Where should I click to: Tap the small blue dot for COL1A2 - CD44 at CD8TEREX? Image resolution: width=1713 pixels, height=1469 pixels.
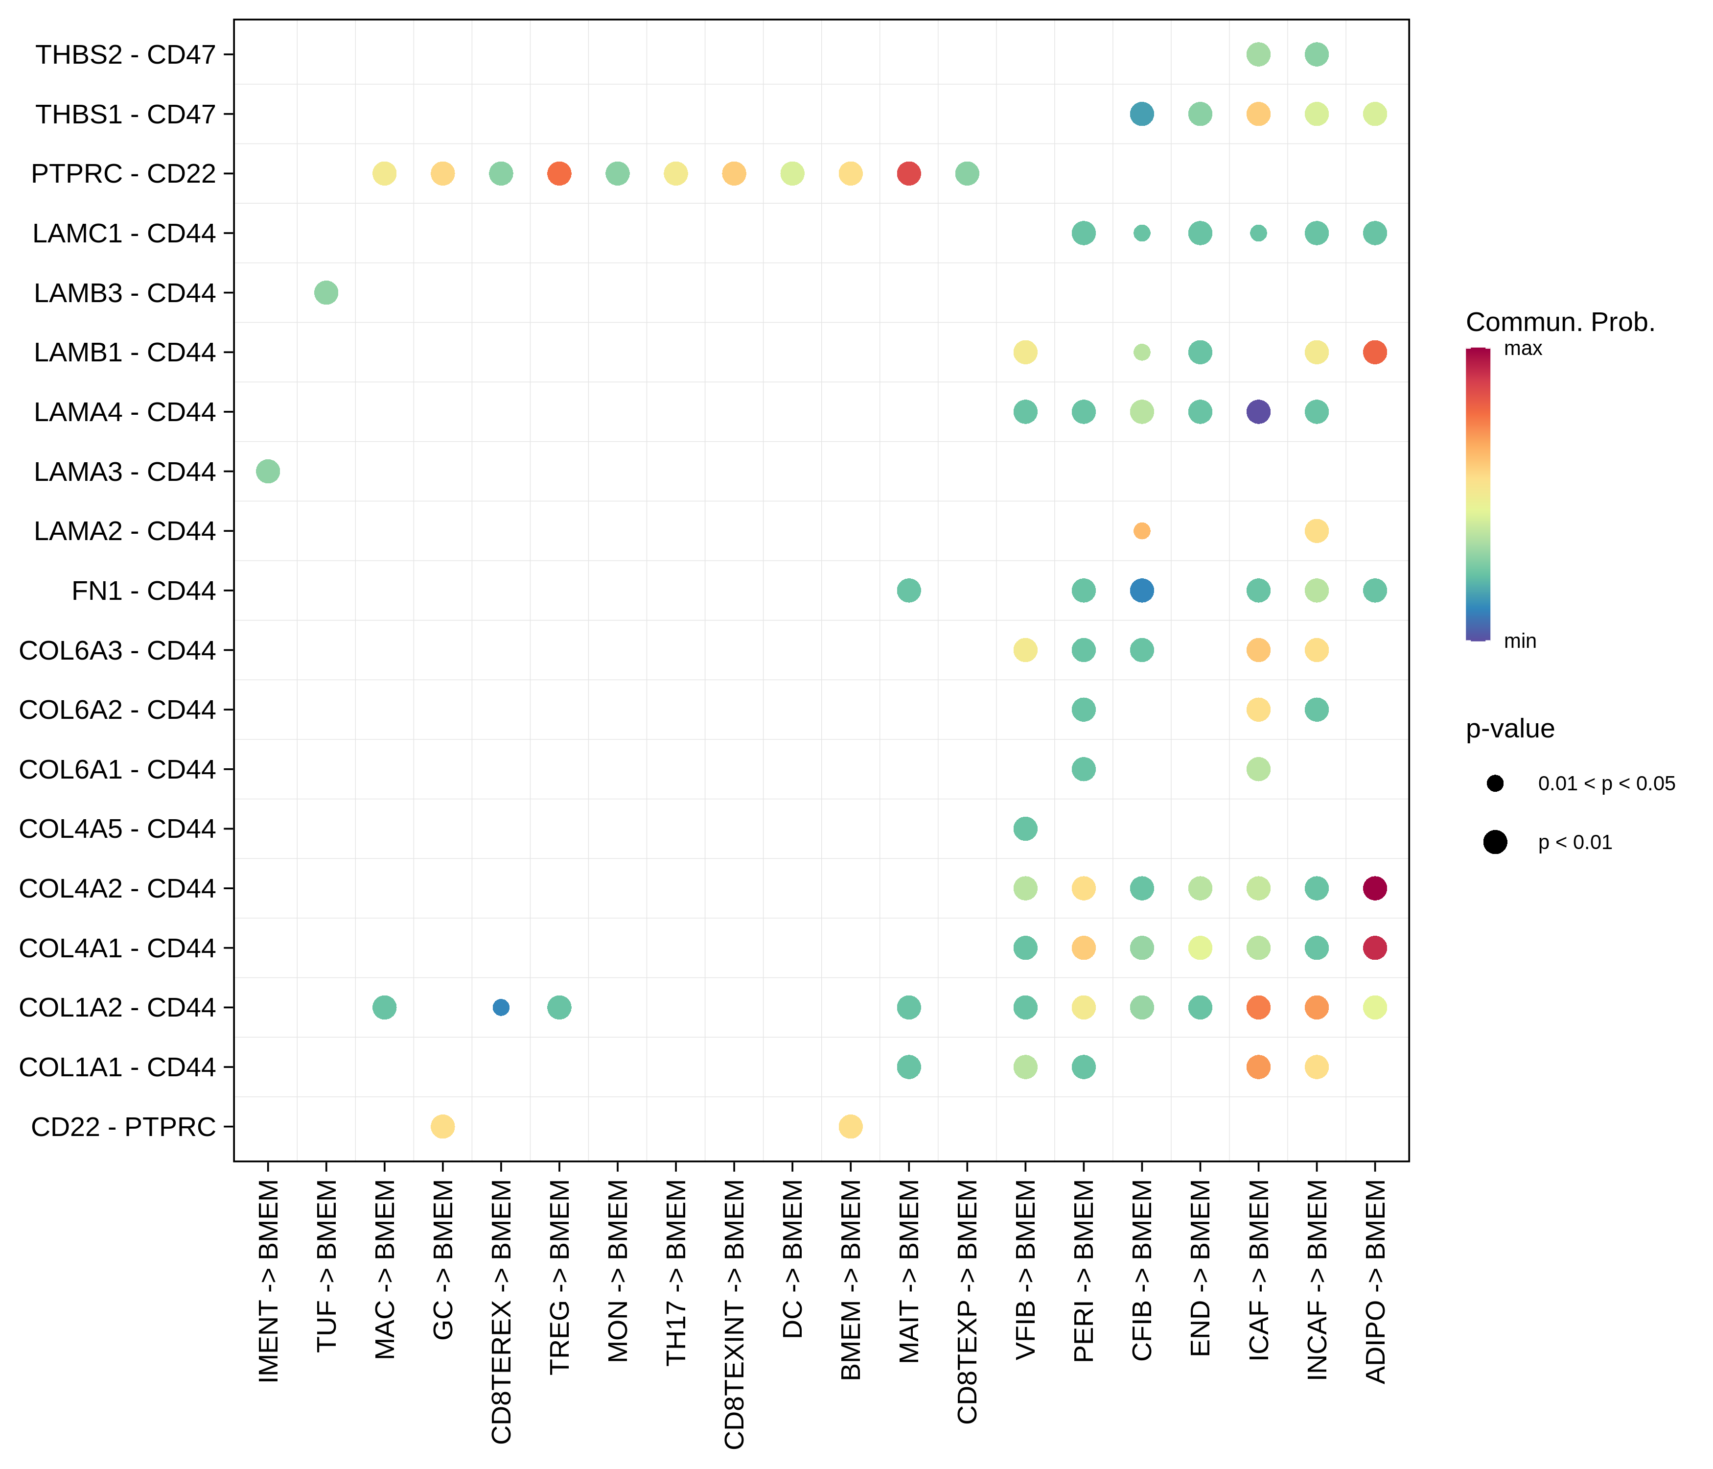pos(501,1007)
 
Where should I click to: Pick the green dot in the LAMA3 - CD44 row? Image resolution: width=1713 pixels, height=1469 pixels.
pos(268,472)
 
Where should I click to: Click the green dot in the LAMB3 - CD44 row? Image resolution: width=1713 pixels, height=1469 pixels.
pos(326,293)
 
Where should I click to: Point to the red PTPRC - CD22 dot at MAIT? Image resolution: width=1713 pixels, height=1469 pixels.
pos(908,174)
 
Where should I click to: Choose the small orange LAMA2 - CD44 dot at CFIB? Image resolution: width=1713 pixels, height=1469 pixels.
pos(1142,531)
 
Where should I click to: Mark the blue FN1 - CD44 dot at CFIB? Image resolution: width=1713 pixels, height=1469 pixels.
pos(1142,591)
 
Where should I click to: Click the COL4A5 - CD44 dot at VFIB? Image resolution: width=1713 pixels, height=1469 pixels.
pos(1025,829)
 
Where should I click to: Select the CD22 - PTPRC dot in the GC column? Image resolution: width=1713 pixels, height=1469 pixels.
pos(442,1127)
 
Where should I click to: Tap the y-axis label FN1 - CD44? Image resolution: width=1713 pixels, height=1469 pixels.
pos(143,591)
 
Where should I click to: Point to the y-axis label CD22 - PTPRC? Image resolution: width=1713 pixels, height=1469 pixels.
pos(123,1127)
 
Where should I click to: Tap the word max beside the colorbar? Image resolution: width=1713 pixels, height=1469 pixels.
pos(1523,348)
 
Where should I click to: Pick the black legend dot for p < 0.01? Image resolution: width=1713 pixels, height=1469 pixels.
pos(1495,842)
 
